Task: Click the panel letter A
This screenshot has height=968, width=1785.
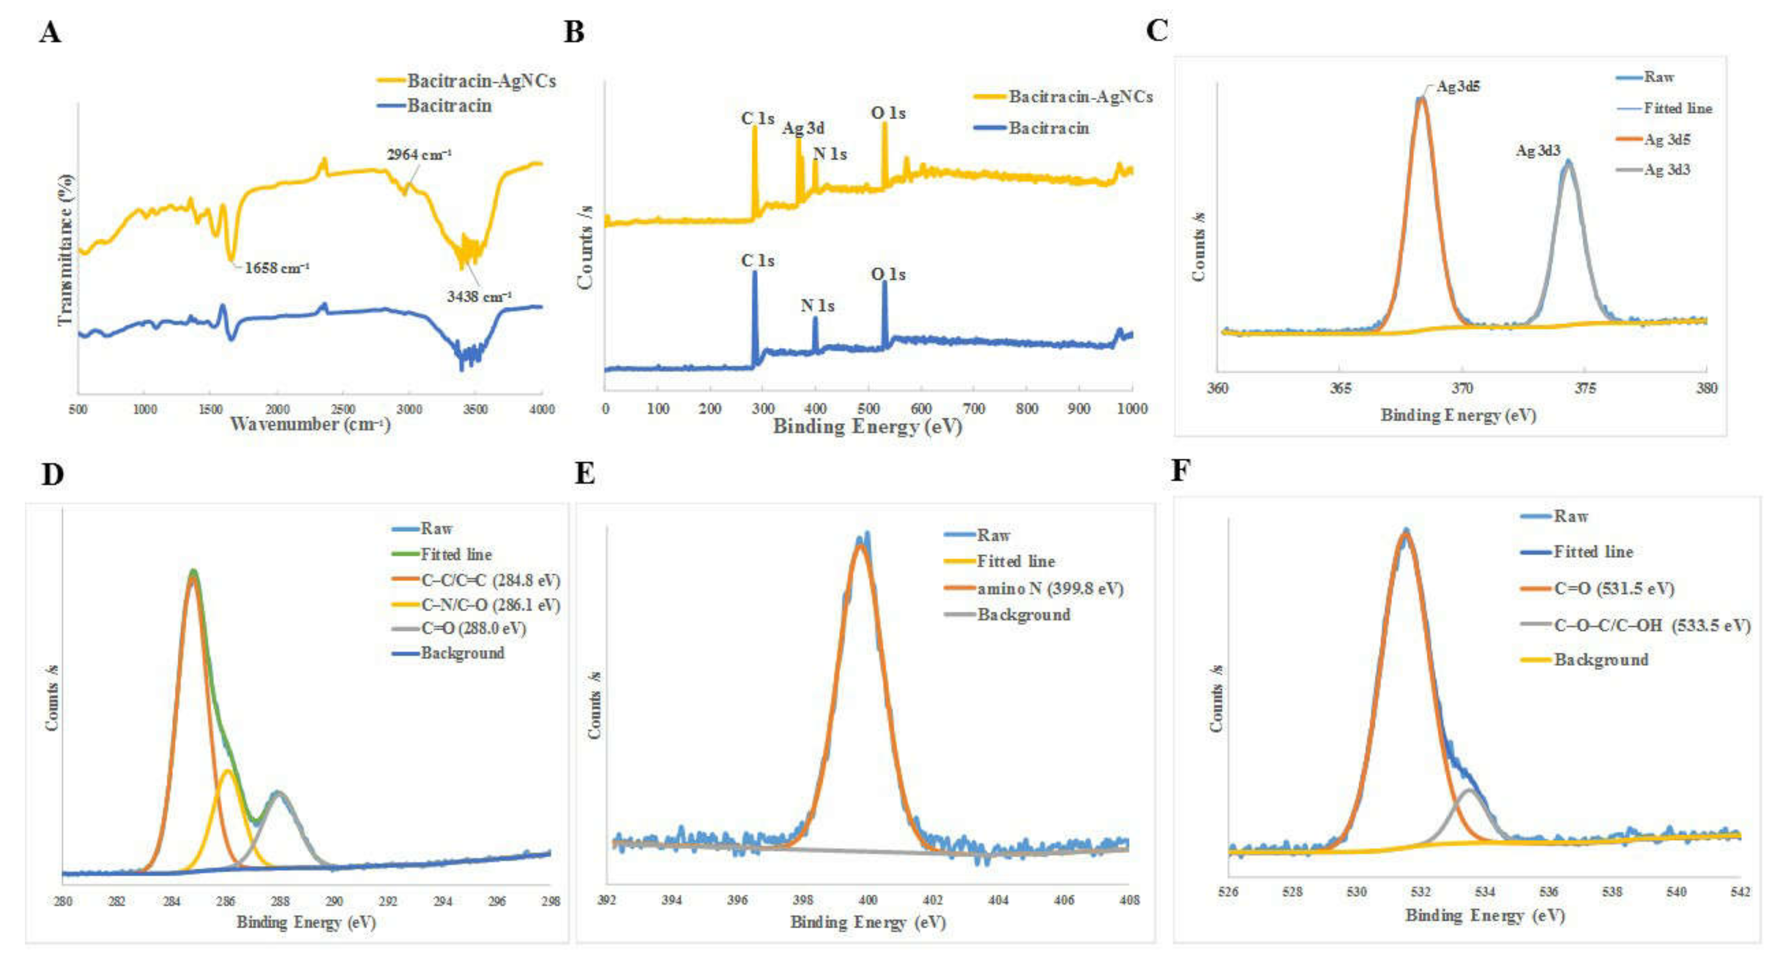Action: click(50, 32)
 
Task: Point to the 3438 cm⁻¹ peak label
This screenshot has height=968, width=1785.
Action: click(479, 297)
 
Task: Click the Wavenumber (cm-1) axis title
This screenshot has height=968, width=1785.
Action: click(310, 424)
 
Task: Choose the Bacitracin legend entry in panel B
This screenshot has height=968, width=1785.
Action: click(1048, 128)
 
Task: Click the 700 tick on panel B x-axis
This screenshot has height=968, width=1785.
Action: click(973, 409)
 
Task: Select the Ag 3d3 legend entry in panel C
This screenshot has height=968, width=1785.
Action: click(1667, 170)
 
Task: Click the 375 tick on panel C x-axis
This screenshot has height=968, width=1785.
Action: click(1585, 388)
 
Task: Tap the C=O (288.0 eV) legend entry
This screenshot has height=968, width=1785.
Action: click(473, 629)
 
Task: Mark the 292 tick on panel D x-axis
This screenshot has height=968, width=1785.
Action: click(388, 901)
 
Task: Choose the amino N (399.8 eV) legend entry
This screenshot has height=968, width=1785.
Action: click(1050, 589)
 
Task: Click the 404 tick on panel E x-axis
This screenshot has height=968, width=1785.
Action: click(998, 900)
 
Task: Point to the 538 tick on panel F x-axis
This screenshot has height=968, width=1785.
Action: click(1612, 892)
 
